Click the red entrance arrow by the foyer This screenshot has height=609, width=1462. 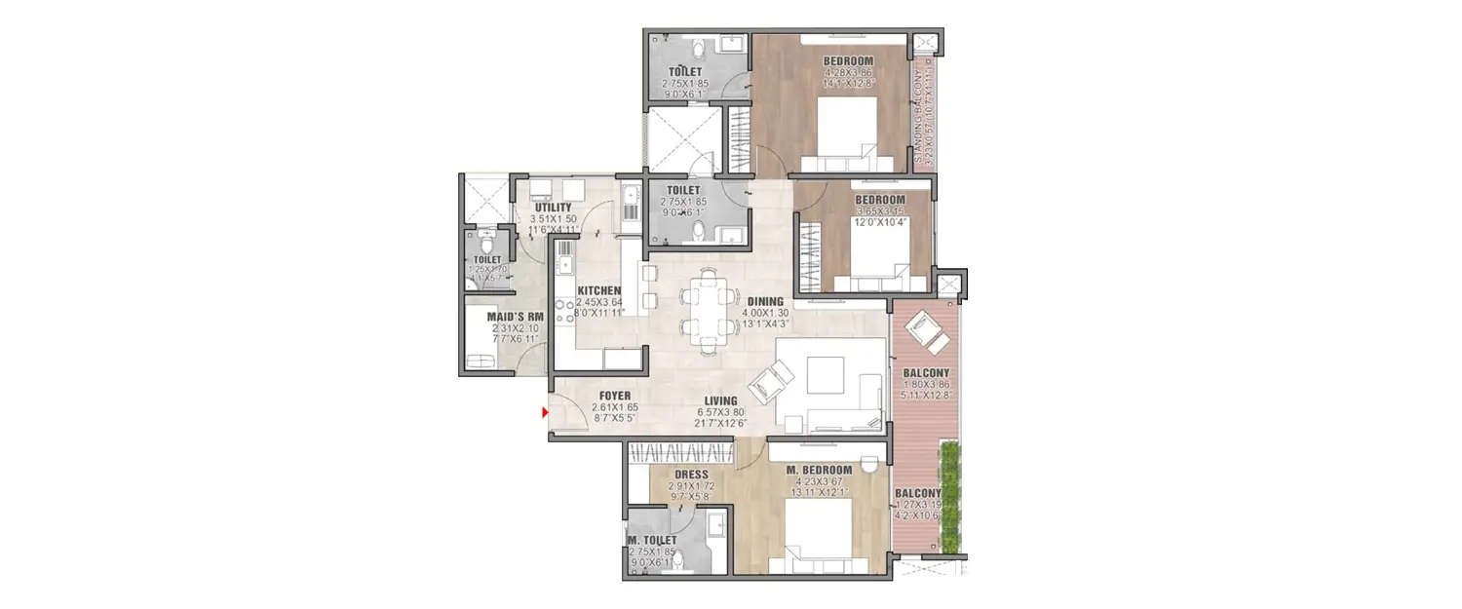[546, 413]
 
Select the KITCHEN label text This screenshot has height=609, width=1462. [598, 290]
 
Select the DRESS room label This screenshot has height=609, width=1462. [691, 475]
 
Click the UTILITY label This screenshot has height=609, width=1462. [554, 208]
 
